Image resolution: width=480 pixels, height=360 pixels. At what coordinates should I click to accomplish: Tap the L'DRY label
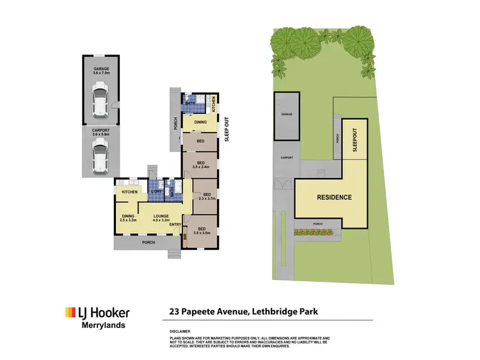(156, 192)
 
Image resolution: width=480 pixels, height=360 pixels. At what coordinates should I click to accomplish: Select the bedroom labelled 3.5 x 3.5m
(201, 231)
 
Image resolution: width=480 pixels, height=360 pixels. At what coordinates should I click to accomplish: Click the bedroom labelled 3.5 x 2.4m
(200, 166)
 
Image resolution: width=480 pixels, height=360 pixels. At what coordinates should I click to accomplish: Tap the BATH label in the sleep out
(190, 103)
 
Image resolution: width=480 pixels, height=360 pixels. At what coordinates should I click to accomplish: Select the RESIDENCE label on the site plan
(335, 197)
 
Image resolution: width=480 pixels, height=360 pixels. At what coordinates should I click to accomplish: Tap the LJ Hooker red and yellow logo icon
(70, 313)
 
